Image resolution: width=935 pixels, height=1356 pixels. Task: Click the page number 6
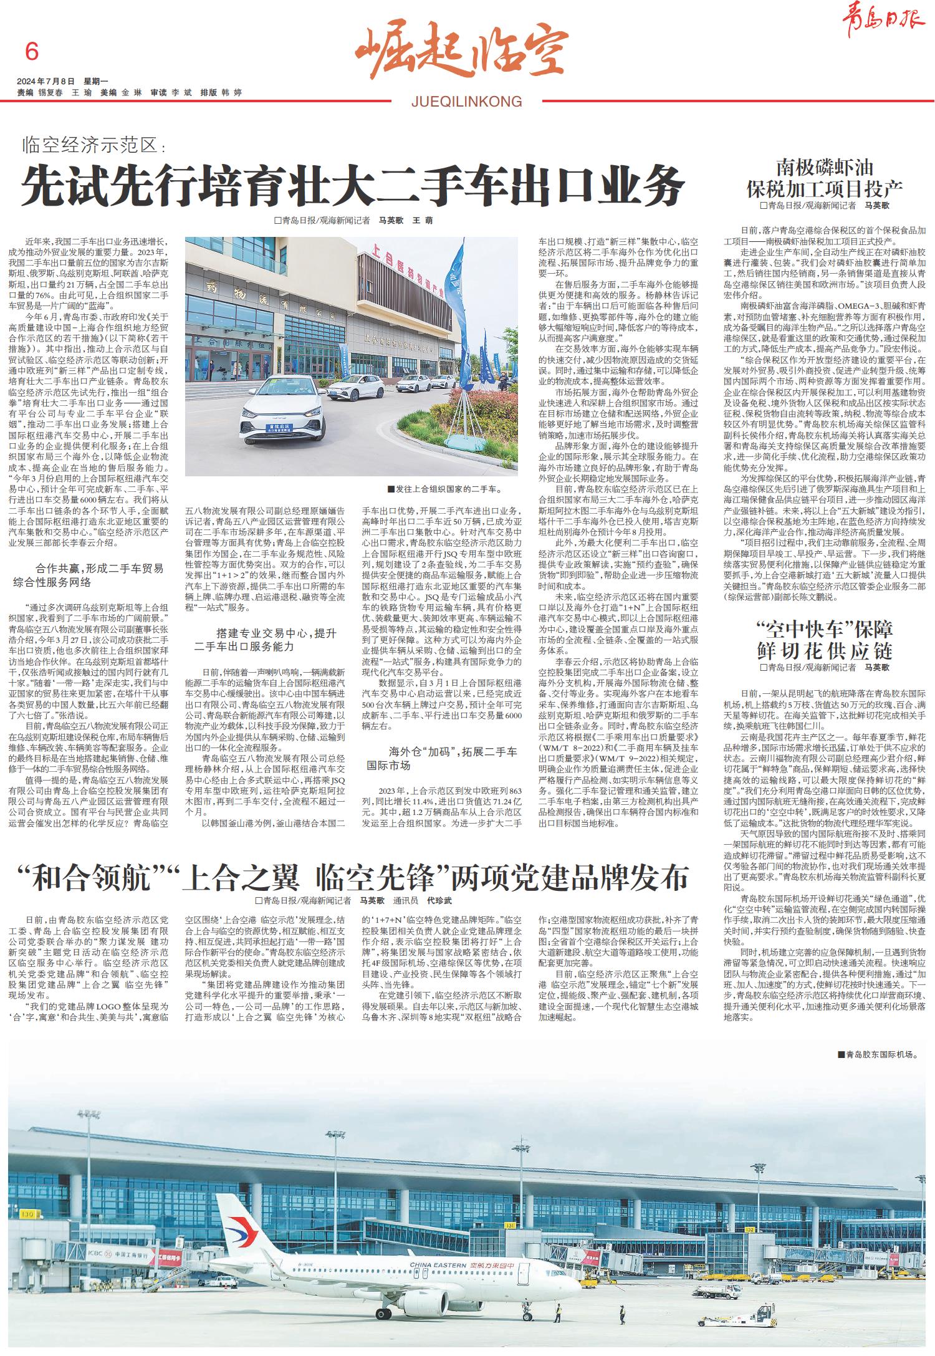click(x=31, y=51)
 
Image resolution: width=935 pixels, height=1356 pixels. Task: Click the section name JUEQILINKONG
click(x=466, y=101)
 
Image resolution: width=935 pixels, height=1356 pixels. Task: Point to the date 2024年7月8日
click(x=46, y=81)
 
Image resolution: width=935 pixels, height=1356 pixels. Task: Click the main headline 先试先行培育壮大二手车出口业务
click(x=353, y=185)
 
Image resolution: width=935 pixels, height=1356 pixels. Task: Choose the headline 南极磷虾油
click(x=824, y=167)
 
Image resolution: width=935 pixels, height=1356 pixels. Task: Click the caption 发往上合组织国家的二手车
click(x=444, y=489)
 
